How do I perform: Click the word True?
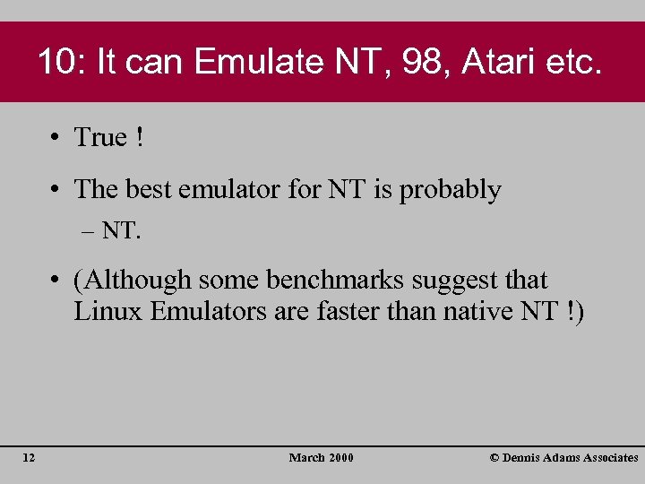pos(100,137)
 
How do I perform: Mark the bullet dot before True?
pos(56,138)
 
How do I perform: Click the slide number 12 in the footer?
pos(29,458)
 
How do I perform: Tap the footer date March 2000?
pos(322,458)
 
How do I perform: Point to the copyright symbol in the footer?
pos(494,458)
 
